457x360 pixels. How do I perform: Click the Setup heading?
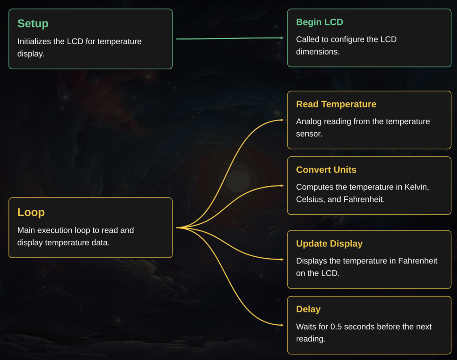(x=33, y=24)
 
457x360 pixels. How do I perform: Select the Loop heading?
(x=31, y=213)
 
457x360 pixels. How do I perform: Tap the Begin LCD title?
(x=320, y=22)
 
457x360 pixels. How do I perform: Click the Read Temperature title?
(x=336, y=104)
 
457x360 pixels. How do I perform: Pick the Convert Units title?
(x=326, y=170)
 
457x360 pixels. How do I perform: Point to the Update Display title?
(x=329, y=243)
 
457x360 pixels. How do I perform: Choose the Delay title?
(x=308, y=309)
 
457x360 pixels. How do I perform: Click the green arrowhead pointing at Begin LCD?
(x=282, y=38)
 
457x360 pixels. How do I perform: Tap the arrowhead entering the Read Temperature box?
(x=282, y=120)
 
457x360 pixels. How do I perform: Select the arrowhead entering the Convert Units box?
(x=282, y=185)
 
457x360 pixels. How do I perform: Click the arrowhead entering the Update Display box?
(x=282, y=260)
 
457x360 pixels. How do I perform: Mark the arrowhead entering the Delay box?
(x=282, y=325)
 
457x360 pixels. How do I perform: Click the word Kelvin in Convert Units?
(x=416, y=187)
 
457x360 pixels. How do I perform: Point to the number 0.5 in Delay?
(x=336, y=327)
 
